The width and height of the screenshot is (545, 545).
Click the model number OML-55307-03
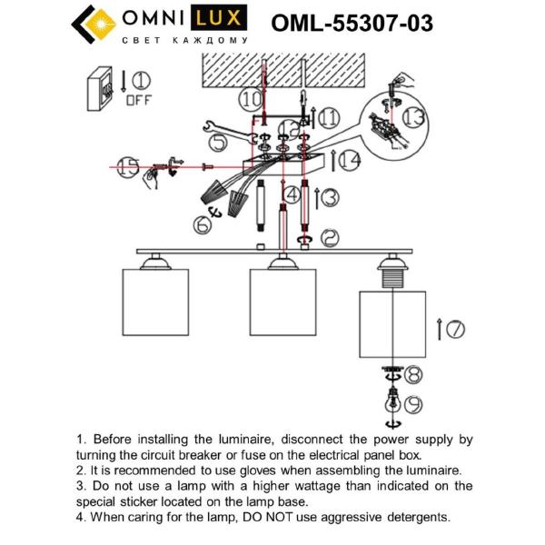pyautogui.click(x=352, y=24)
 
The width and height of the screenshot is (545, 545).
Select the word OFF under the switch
pyautogui.click(x=138, y=100)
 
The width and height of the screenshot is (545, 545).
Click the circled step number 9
pyautogui.click(x=413, y=403)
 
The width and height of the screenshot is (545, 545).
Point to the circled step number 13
pyautogui.click(x=413, y=116)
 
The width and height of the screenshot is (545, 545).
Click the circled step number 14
pyautogui.click(x=350, y=161)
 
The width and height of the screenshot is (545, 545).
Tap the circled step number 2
pyautogui.click(x=329, y=238)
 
